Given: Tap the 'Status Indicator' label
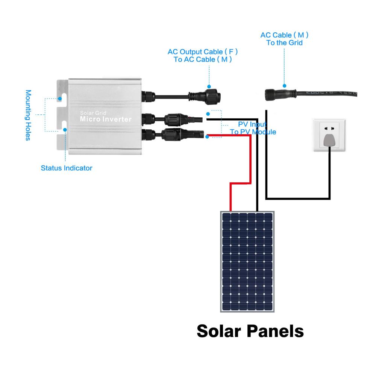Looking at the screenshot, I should tap(66, 168).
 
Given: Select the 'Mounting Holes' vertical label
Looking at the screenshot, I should tap(28, 115).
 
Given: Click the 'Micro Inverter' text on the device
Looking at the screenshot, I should tap(106, 120).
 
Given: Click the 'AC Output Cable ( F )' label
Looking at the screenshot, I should tap(203, 51).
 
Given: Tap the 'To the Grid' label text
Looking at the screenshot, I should tap(284, 43).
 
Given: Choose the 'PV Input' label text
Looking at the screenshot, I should tap(253, 124).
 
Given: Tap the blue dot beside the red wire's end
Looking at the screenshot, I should tap(208, 136).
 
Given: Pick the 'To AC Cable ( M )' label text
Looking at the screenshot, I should tap(203, 59).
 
